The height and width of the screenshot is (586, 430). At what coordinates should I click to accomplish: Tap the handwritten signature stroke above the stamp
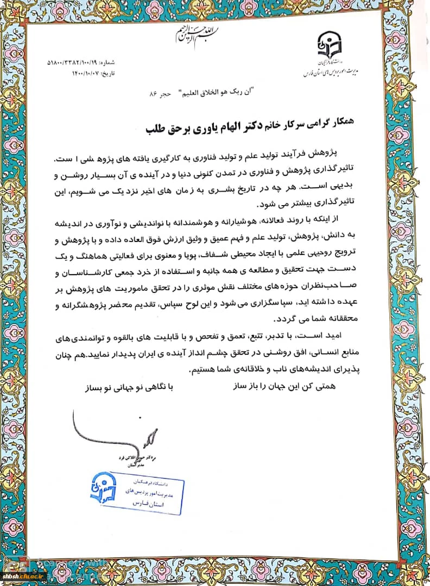pos(147,435)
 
